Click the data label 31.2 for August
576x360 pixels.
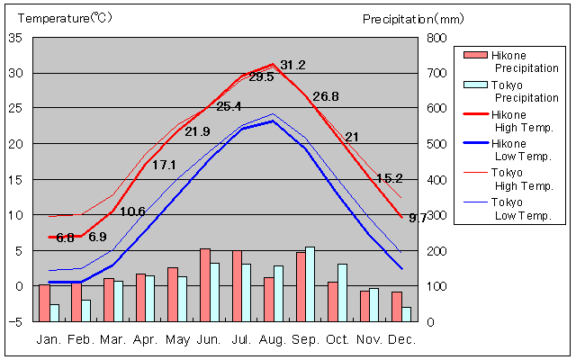coord(292,65)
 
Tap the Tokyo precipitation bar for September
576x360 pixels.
coord(310,283)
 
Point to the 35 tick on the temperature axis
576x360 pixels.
coord(17,38)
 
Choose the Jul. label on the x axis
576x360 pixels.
coord(240,339)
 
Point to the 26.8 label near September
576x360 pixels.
coord(326,96)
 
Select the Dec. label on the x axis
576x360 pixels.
coord(402,339)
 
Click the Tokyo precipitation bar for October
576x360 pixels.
coord(342,292)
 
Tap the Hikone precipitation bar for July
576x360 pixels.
coord(237,285)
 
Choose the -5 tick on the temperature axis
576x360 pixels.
coord(15,321)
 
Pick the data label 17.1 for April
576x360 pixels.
coord(164,165)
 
